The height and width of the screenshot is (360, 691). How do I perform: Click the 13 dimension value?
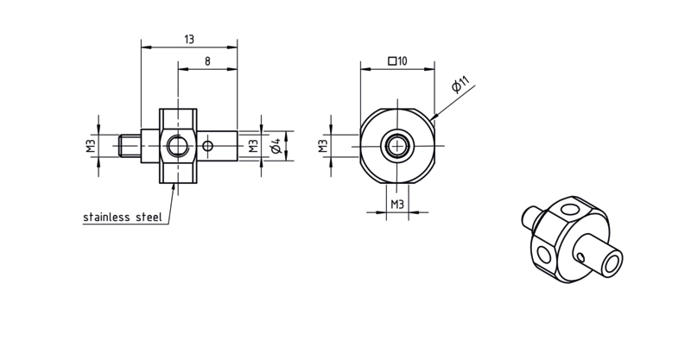point(189,40)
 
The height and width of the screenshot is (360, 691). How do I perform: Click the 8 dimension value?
point(207,61)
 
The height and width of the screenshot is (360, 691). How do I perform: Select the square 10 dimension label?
point(397,60)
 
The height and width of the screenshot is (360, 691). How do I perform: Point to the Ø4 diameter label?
point(276,146)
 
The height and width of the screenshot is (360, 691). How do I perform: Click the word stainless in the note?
point(106,218)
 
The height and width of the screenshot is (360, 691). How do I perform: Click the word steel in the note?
point(149,218)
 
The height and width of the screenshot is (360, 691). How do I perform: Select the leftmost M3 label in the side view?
point(91,146)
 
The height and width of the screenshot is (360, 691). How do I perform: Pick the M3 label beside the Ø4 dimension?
point(253,146)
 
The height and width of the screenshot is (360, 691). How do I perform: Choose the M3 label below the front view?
point(397,205)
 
